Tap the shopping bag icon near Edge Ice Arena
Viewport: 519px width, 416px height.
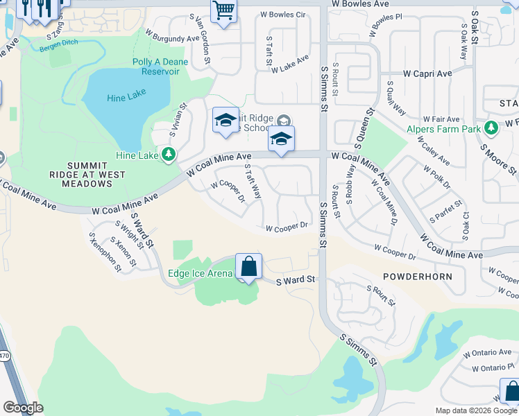[248, 267]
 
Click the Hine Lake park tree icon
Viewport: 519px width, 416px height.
[168, 154]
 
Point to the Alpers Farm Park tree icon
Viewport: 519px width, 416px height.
[491, 128]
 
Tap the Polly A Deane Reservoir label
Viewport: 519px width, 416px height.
[160, 67]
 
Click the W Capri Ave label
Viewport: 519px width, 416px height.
[427, 73]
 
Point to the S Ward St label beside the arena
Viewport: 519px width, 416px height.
[296, 280]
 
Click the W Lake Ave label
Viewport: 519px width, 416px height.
[290, 64]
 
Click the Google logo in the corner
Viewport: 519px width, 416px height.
[23, 408]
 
